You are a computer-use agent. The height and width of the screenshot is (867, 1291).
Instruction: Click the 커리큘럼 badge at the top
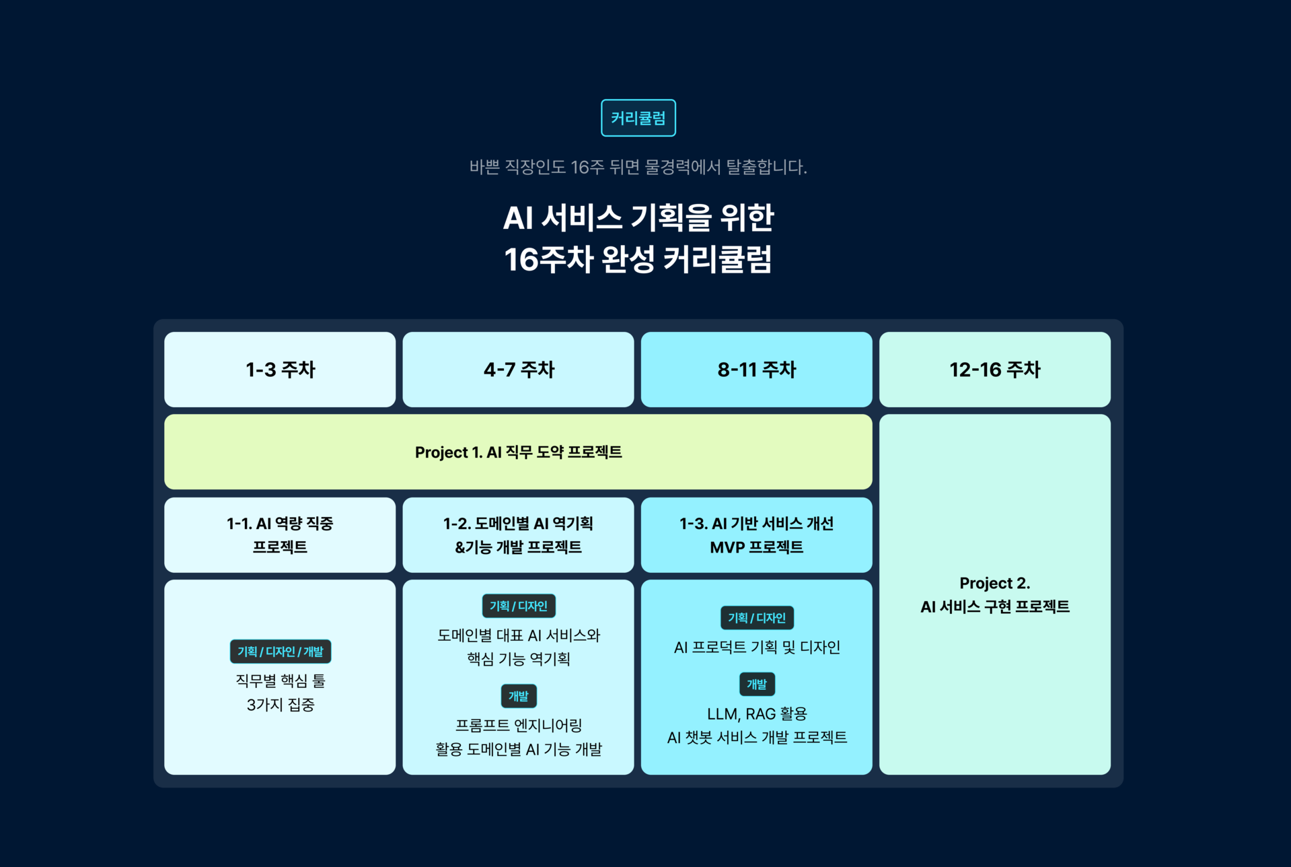(x=638, y=118)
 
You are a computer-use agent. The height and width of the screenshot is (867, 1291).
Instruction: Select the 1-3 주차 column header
(x=280, y=370)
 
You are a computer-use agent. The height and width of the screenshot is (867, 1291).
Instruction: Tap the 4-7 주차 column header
(x=518, y=370)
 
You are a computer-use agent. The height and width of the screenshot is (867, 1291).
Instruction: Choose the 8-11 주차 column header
(x=756, y=370)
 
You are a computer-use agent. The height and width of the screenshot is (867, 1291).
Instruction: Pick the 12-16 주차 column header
(x=994, y=370)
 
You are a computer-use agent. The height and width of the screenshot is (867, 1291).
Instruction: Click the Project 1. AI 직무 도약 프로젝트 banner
(x=518, y=452)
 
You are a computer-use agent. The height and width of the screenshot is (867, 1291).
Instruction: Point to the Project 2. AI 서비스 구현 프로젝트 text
(x=994, y=595)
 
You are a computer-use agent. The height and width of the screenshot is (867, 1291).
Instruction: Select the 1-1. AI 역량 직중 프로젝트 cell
(x=280, y=535)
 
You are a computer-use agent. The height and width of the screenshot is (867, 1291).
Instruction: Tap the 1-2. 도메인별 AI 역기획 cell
(x=518, y=535)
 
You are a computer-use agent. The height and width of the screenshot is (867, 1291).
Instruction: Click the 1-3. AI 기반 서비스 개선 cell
(x=756, y=535)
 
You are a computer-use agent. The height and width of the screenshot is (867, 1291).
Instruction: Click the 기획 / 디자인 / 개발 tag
(x=280, y=652)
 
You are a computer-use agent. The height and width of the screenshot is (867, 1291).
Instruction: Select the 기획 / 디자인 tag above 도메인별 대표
(x=518, y=606)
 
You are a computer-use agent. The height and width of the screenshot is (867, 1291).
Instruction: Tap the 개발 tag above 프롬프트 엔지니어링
(x=518, y=696)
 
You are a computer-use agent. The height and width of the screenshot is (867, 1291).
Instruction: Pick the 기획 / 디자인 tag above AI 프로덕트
(x=757, y=618)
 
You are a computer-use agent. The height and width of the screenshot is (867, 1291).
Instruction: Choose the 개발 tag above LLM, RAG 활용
(x=757, y=685)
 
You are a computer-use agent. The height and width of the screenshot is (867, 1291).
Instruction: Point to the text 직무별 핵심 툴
(x=280, y=681)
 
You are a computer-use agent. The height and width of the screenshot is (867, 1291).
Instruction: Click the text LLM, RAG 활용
(x=757, y=714)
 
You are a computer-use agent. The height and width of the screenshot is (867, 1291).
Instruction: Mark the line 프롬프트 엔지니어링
(x=518, y=726)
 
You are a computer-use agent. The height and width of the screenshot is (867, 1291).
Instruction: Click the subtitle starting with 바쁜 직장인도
(x=638, y=167)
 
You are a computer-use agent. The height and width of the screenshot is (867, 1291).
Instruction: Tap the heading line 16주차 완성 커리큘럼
(x=638, y=260)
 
